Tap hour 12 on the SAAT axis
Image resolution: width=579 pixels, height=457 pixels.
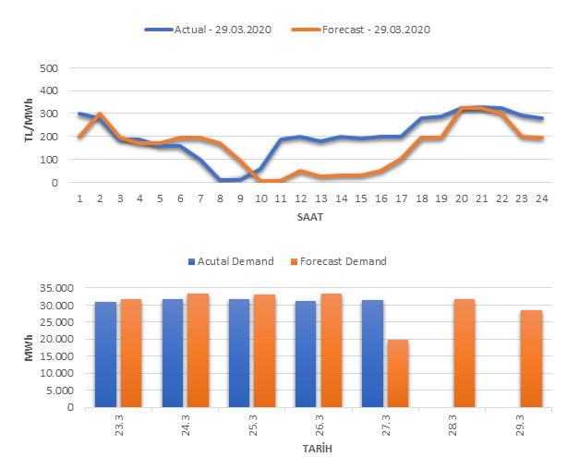click(300, 198)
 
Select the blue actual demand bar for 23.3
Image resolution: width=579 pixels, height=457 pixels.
click(106, 355)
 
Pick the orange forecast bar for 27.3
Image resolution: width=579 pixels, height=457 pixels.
click(398, 373)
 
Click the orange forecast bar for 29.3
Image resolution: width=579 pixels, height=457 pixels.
click(531, 358)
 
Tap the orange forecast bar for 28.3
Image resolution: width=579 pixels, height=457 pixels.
click(464, 353)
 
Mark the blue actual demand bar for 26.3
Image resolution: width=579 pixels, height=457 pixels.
click(306, 354)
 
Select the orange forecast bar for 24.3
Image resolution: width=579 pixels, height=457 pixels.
click(199, 350)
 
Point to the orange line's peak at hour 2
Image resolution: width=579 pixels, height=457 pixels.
click(100, 114)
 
